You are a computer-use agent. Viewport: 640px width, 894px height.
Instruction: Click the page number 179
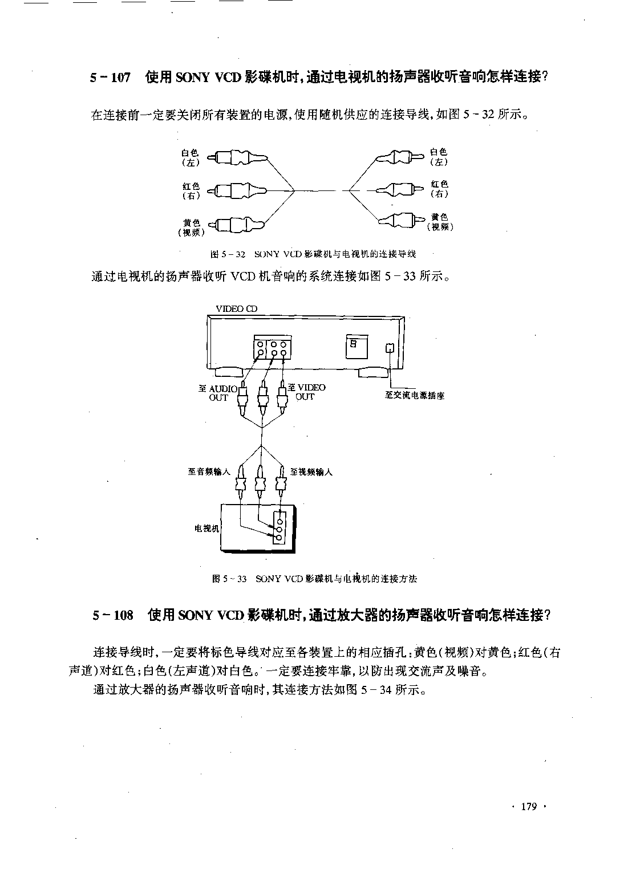[x=529, y=807]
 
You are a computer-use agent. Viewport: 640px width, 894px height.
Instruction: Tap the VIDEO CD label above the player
[x=236, y=308]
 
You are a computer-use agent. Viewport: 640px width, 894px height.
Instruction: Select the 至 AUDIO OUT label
[x=218, y=393]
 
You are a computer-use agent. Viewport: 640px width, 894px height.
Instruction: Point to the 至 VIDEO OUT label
[x=307, y=392]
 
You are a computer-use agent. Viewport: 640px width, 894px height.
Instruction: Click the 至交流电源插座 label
[x=415, y=395]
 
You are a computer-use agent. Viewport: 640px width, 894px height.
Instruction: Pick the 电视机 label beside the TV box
[x=207, y=529]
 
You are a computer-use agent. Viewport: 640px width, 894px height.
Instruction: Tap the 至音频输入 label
[x=209, y=472]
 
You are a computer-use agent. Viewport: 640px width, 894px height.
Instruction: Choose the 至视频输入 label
[x=311, y=472]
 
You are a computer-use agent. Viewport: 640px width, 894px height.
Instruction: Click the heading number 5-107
[x=110, y=77]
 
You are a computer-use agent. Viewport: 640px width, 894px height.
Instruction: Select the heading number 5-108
[x=112, y=615]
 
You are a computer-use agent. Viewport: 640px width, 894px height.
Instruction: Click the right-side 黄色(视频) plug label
[x=440, y=222]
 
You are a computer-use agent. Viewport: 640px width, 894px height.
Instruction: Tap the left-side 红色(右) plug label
[x=191, y=191]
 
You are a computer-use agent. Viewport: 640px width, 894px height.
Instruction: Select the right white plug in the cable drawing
[x=400, y=157]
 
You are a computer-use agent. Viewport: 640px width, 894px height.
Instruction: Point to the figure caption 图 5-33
[x=229, y=579]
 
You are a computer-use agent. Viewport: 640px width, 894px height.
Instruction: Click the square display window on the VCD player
[x=357, y=347]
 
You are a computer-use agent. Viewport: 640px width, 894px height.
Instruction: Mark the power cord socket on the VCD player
[x=390, y=348]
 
